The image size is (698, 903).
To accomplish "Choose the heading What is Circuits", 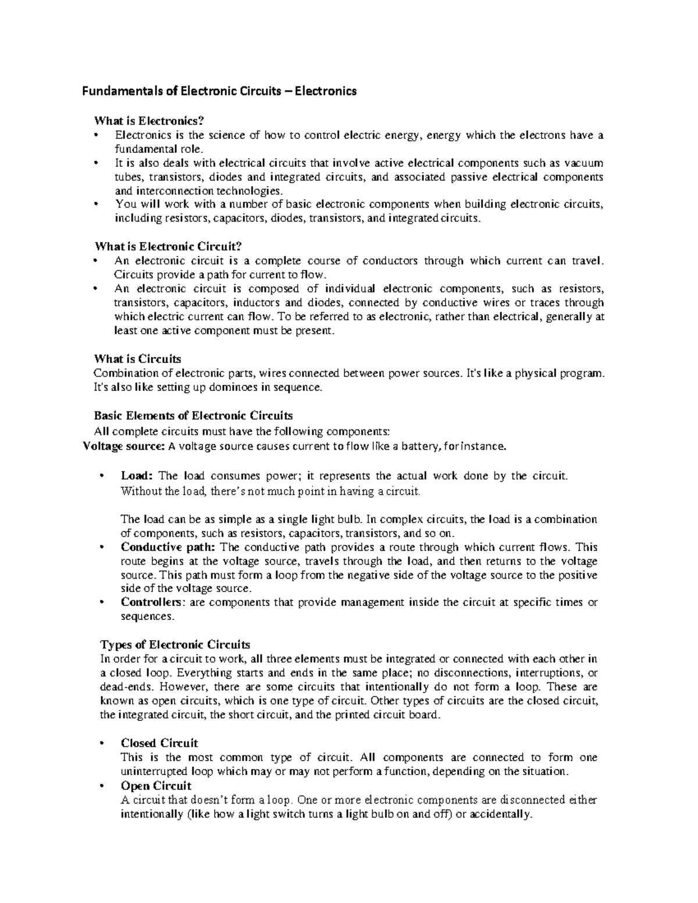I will coord(138,359).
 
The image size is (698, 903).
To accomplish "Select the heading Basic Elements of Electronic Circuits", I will coord(193,415).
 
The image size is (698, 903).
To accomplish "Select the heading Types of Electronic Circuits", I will coord(175,644).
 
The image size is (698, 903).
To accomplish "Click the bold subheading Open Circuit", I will coord(156,786).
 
